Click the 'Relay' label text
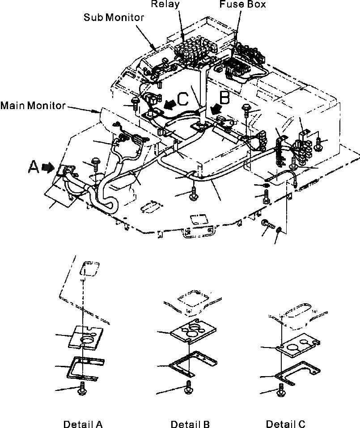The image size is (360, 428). coord(165,4)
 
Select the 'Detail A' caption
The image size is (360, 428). coord(83,424)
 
